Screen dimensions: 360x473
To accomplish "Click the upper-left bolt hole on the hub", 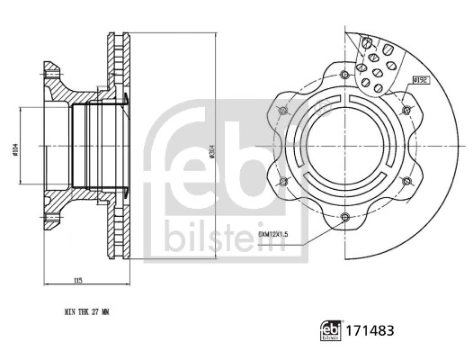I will click(x=283, y=110).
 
